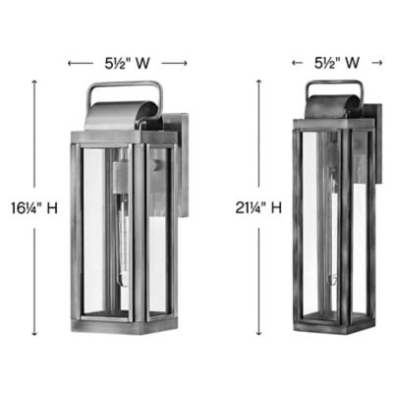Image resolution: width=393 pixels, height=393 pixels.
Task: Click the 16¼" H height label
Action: (34, 208)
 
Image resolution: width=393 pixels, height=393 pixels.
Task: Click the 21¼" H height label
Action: (262, 208)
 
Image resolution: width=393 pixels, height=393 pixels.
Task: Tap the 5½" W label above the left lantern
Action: (128, 63)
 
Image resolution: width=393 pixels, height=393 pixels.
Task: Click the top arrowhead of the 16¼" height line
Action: (35, 83)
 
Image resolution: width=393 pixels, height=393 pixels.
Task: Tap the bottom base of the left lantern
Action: (116, 327)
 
